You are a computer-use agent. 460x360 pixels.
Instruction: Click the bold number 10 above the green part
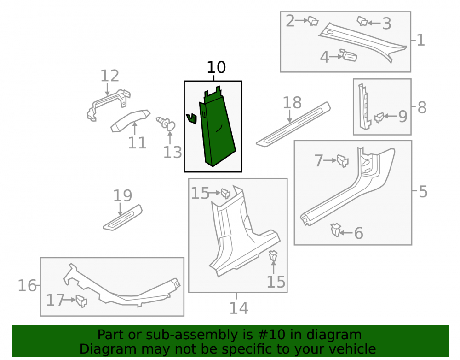(x=216, y=67)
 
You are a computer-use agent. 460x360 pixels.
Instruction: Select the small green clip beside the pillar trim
(x=191, y=118)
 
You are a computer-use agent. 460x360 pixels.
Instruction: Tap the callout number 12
(x=110, y=76)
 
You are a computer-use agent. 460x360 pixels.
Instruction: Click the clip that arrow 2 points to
(x=313, y=21)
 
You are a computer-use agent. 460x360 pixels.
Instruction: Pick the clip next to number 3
(x=362, y=21)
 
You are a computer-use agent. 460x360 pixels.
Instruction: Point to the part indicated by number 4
(x=349, y=55)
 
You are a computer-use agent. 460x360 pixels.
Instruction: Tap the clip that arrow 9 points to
(x=379, y=118)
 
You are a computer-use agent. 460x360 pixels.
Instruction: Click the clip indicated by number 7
(x=343, y=161)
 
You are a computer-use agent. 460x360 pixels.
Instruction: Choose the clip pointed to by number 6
(x=336, y=230)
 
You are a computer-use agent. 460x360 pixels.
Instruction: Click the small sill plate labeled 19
(x=123, y=218)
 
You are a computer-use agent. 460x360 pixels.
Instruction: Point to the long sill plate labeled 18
(x=293, y=124)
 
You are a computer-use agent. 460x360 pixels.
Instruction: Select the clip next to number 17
(x=81, y=301)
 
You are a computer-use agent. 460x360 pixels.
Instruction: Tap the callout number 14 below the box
(x=238, y=308)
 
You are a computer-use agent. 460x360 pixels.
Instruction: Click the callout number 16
(x=27, y=286)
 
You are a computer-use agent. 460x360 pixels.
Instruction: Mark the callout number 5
(x=423, y=192)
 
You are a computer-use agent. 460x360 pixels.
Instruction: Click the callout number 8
(x=422, y=107)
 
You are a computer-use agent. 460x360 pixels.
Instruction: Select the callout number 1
(x=421, y=40)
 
